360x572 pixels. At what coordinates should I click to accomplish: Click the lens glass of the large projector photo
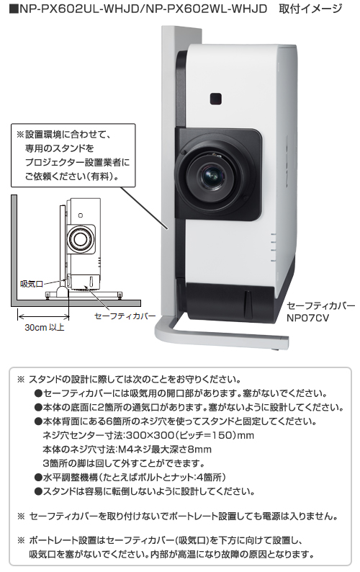click(x=213, y=175)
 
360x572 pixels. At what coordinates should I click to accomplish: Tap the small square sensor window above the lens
click(x=215, y=99)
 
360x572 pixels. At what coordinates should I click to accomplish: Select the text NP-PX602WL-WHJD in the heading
click(x=206, y=8)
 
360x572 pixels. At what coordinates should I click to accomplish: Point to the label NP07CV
click(x=307, y=318)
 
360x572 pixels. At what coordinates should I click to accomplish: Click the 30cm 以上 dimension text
click(x=45, y=327)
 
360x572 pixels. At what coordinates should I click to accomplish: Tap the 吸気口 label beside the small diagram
click(x=32, y=283)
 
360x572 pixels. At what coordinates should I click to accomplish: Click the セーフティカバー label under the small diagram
click(x=125, y=316)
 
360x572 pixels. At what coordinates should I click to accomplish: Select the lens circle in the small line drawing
click(x=80, y=238)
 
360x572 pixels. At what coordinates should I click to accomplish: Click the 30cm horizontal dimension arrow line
click(x=43, y=316)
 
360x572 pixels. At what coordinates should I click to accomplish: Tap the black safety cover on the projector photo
click(x=230, y=302)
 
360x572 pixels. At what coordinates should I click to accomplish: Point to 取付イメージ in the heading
click(x=310, y=8)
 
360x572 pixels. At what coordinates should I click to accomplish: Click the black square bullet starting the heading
click(x=14, y=9)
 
